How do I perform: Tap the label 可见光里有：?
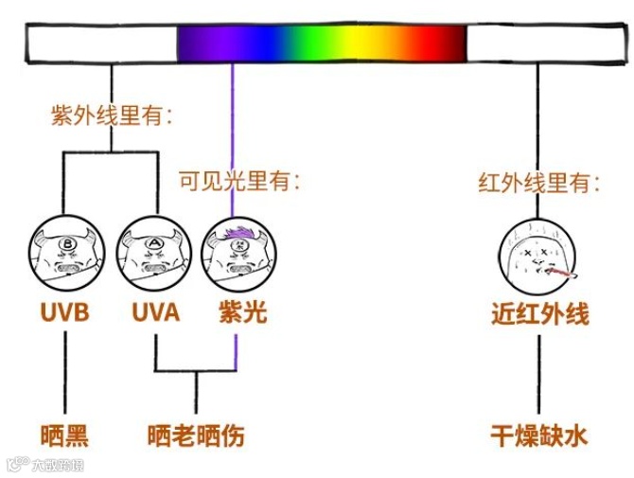pos(239,181)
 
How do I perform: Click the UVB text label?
pos(64,311)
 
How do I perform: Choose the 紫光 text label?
pos(237,311)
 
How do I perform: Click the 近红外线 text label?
pos(539,313)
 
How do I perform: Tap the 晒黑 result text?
pos(65,436)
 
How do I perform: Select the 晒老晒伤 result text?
pos(196,436)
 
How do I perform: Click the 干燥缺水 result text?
pos(539,436)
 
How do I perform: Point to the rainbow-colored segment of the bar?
pos(322,44)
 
